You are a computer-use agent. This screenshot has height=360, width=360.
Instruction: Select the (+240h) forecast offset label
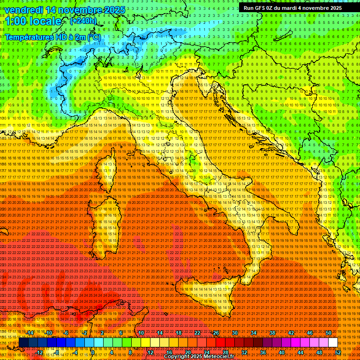(83, 21)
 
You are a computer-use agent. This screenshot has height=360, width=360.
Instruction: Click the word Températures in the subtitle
(28, 37)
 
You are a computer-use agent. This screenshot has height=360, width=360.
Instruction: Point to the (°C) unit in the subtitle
(94, 37)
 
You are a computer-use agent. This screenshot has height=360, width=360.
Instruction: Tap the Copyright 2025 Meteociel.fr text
(199, 357)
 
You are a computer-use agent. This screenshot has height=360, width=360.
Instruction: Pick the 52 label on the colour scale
(337, 352)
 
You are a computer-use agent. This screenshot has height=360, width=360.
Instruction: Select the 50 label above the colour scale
(328, 333)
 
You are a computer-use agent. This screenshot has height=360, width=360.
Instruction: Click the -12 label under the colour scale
(39, 352)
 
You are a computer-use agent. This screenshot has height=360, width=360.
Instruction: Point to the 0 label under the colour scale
(93, 352)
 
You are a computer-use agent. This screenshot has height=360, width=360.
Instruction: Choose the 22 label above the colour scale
(197, 333)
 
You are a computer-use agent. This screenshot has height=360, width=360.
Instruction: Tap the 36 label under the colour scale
(263, 352)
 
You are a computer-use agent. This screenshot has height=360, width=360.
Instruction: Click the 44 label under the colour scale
(300, 352)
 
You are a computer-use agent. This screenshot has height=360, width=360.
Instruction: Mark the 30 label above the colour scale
(235, 333)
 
